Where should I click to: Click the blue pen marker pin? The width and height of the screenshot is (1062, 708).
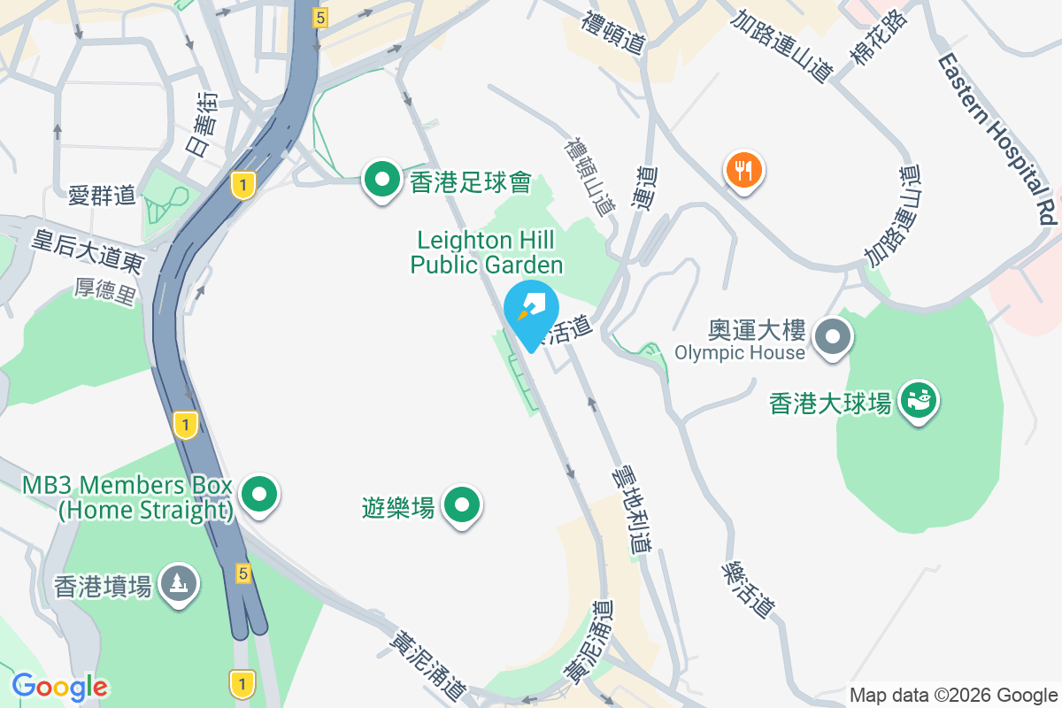530,309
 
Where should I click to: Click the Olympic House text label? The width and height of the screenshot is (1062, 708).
740,353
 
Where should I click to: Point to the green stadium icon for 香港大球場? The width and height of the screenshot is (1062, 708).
920,400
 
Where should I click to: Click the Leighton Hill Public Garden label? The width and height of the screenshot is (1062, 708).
486,252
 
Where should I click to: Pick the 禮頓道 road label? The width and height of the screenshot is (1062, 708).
612,32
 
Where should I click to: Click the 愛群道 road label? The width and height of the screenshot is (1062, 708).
102,195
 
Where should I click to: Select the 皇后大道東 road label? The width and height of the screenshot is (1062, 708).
88,250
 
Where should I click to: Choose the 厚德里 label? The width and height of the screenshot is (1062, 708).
104,291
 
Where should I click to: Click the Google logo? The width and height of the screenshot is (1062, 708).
59,686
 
